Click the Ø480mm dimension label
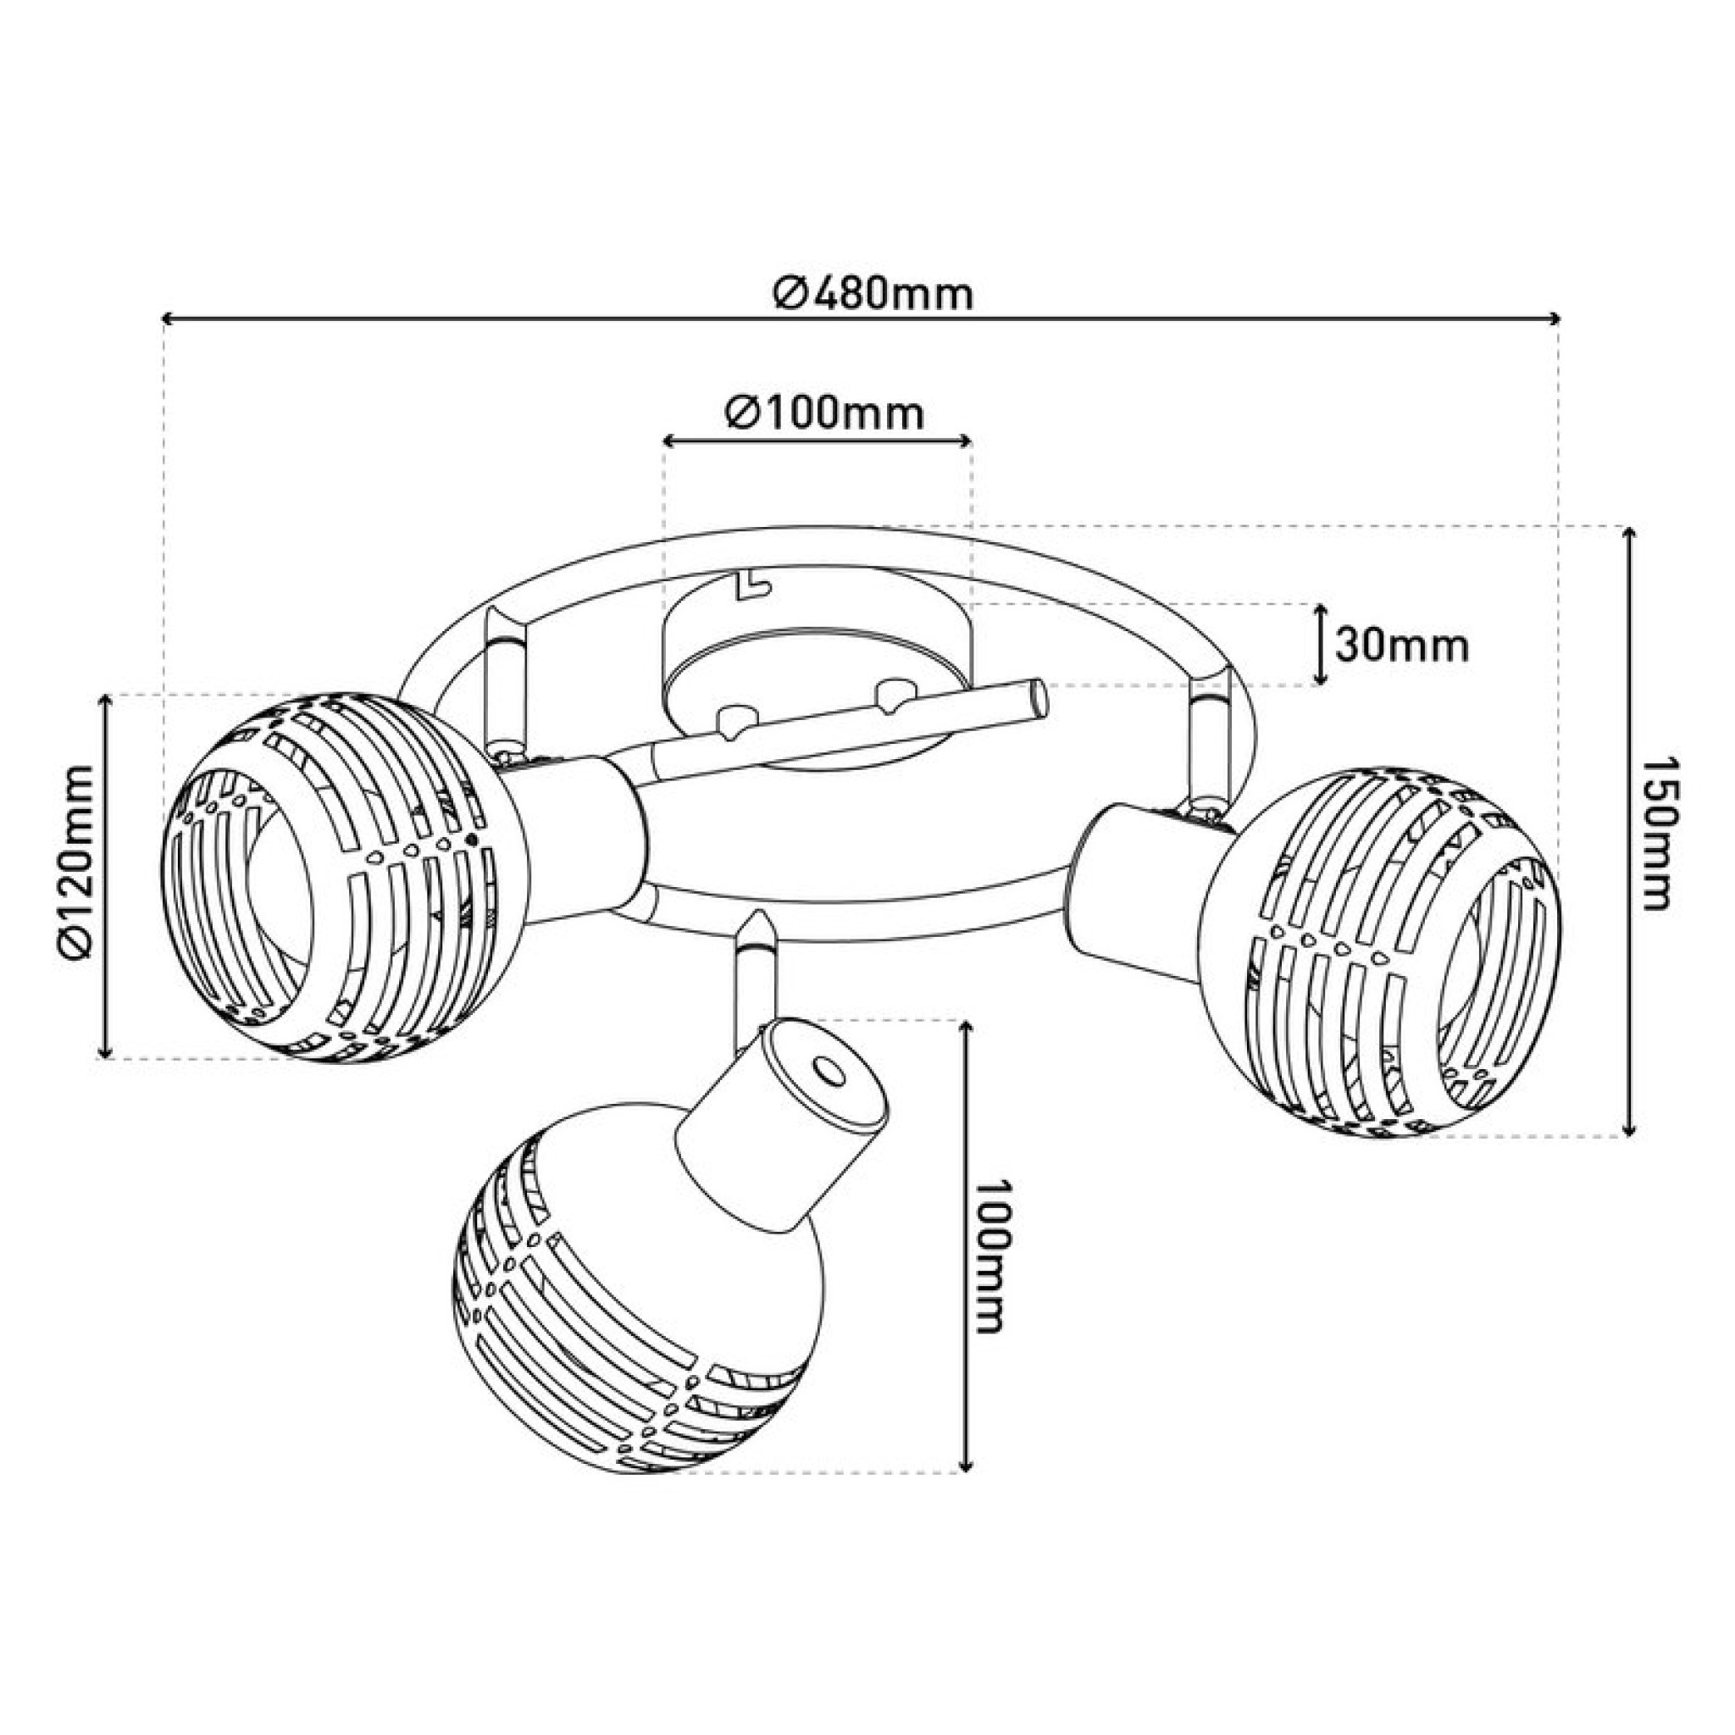pos(873,293)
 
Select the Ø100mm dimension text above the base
pos(824,414)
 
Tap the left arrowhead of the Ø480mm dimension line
pos(168,318)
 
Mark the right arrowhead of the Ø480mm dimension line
pos(1553,318)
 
